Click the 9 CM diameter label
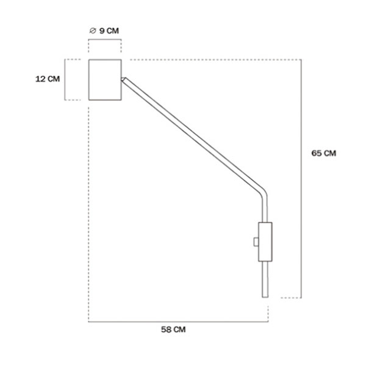point(104,30)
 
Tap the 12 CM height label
point(48,79)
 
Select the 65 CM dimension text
point(324,153)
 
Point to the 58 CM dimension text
point(173,329)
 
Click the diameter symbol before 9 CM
point(93,30)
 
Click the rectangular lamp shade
point(105,80)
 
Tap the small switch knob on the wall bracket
point(256,242)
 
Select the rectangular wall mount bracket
point(265,242)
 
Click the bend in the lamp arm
point(264,192)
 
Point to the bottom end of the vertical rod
point(265,297)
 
